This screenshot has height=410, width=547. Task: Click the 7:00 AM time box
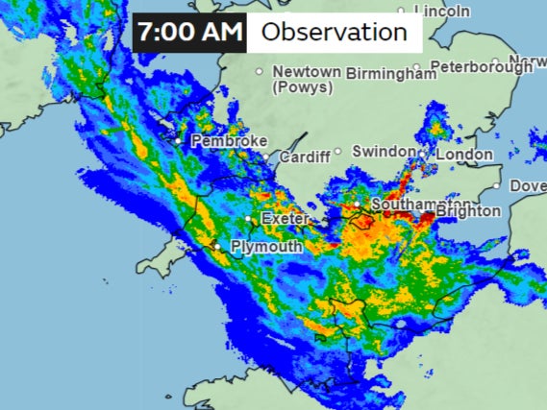click(x=189, y=32)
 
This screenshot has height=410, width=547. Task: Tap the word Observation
click(x=334, y=32)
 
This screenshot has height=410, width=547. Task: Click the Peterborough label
click(x=480, y=67)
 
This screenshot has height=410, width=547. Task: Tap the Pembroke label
click(x=229, y=141)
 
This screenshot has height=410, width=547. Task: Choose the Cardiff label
click(x=305, y=156)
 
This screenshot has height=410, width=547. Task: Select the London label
click(x=464, y=154)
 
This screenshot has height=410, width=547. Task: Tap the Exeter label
click(x=285, y=219)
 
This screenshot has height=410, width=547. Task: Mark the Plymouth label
click(x=266, y=247)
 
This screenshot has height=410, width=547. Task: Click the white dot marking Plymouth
click(x=218, y=247)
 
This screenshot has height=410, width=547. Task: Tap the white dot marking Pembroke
click(x=179, y=140)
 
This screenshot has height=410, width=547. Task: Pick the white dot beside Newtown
click(x=259, y=72)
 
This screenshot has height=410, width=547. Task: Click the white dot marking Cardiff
click(x=270, y=156)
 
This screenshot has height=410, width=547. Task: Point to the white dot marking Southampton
click(x=357, y=205)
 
